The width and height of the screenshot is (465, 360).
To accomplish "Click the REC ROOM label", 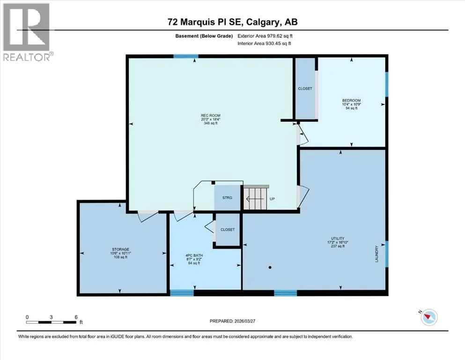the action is click(211, 115).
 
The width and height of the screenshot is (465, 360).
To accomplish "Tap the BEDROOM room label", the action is click(351, 100).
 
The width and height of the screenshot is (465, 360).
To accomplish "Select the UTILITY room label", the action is click(338, 238).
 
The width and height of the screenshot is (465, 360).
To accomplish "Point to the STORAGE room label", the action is click(120, 249).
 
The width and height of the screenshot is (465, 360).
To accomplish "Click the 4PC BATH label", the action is click(194, 255).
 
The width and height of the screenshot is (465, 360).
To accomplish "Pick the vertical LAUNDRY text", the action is click(377, 254).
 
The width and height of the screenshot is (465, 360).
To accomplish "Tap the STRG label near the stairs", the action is click(228, 198).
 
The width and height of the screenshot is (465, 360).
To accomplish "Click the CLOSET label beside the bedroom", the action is click(305, 89).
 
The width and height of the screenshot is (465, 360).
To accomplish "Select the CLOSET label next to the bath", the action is click(228, 230).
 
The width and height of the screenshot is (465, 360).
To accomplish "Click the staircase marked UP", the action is click(256, 198).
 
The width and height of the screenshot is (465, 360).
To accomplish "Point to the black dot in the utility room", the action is click(270, 267).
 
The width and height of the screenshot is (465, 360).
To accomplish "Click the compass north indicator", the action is click(429, 317).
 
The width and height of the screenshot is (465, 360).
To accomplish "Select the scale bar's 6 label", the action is click(76, 317).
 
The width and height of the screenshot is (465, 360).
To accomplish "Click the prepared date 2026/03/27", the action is click(244, 321).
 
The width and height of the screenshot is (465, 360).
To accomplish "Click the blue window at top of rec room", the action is click(186, 56).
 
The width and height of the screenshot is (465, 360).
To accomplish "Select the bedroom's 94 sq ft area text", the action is click(351, 108).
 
